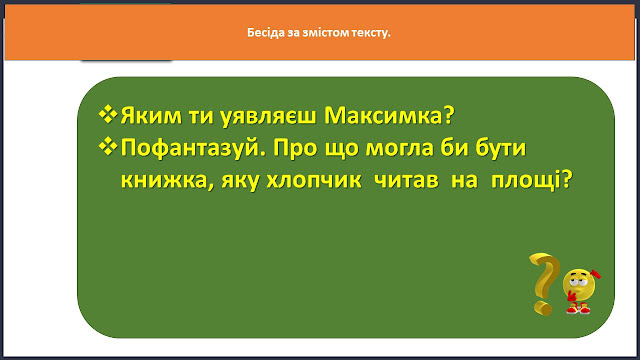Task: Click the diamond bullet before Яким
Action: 108,114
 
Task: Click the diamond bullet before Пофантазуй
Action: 108,146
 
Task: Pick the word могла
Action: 399,148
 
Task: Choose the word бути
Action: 500,147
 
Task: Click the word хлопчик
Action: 314,180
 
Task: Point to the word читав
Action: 406,180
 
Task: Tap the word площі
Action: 531,181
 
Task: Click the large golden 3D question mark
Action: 545,283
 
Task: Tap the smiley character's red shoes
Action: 578,309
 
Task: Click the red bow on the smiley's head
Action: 595,273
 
